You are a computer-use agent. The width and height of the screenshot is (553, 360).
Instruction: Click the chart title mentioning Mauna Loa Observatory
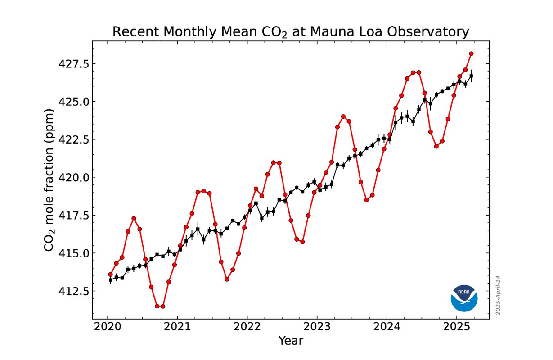290,32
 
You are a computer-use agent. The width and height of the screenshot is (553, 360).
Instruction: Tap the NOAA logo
464,298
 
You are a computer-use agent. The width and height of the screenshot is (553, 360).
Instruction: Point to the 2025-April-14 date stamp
498,295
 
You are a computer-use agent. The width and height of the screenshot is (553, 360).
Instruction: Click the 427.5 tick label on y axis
73,64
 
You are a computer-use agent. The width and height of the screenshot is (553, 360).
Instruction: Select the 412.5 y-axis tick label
73,291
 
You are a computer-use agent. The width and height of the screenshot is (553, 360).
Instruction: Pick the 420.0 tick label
73,177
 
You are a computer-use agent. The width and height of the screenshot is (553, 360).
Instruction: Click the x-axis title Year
291,341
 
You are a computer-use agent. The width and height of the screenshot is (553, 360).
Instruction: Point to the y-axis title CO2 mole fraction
49,180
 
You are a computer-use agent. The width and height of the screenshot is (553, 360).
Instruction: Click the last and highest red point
471,54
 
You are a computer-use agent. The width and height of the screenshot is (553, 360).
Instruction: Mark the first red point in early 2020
110,274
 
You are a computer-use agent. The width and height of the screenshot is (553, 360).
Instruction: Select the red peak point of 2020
134,219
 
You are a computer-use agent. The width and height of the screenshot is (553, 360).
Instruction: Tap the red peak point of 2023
343,117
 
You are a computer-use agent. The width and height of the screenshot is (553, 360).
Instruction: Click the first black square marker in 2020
110,280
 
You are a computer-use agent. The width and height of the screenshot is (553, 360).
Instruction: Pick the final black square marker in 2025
471,76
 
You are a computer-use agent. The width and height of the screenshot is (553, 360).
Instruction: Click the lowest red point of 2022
302,242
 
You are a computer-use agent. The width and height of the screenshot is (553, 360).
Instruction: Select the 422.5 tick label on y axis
73,139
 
